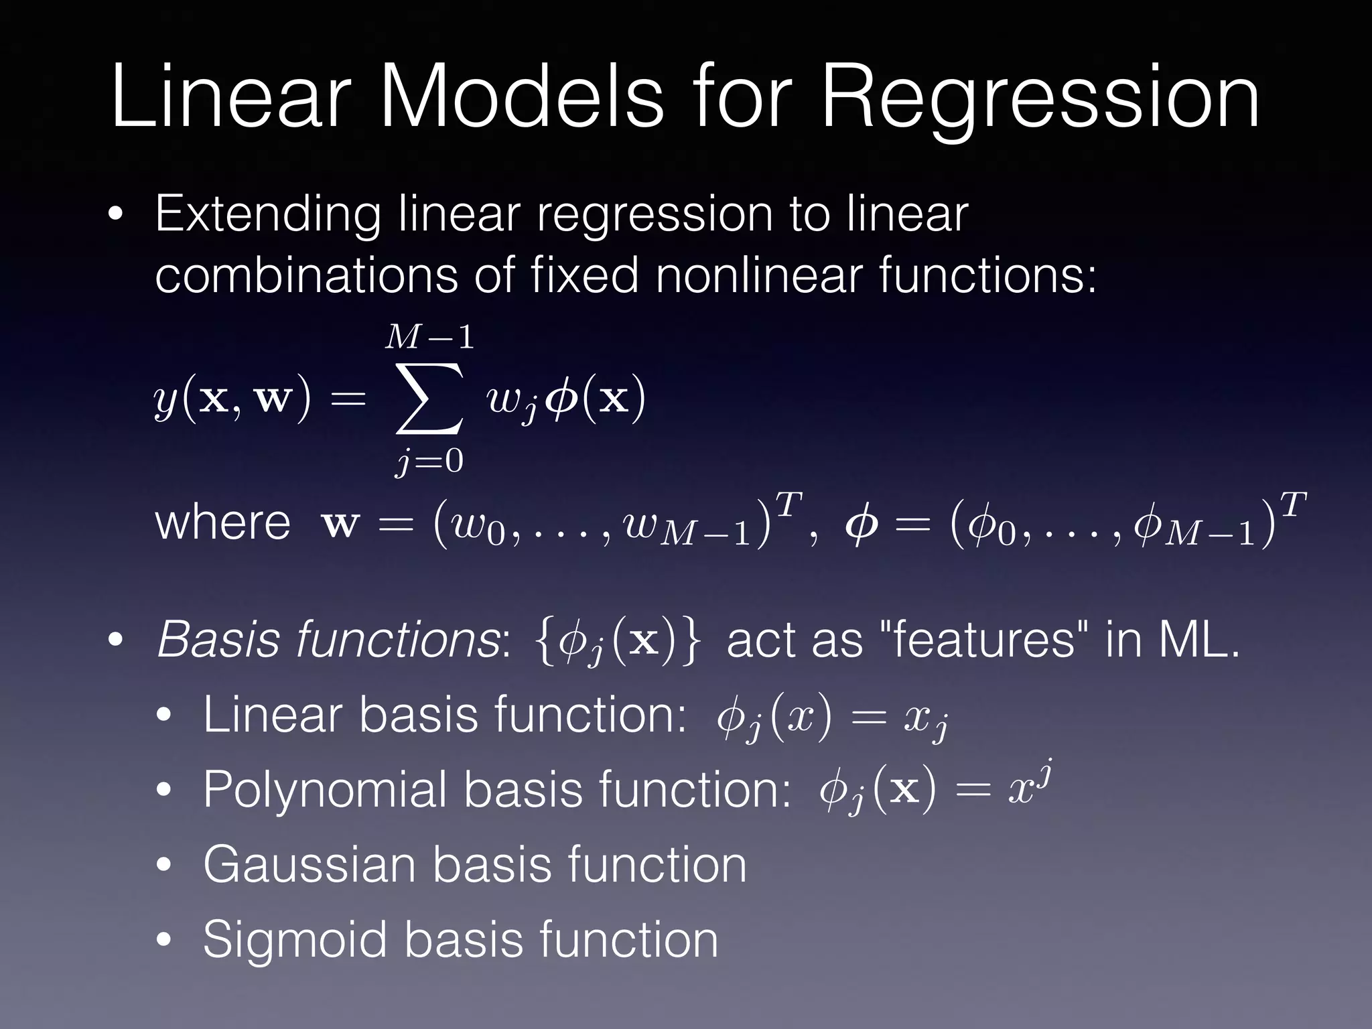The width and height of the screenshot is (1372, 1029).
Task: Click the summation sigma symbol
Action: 429,399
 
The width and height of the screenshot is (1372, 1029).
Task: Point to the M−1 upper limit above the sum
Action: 429,337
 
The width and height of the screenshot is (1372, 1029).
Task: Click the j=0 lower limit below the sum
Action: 429,462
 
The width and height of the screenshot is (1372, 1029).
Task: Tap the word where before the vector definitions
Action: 222,523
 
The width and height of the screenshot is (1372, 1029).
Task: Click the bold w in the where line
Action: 340,525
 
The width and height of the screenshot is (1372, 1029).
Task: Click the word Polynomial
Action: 325,791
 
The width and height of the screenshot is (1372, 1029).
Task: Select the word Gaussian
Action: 309,866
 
